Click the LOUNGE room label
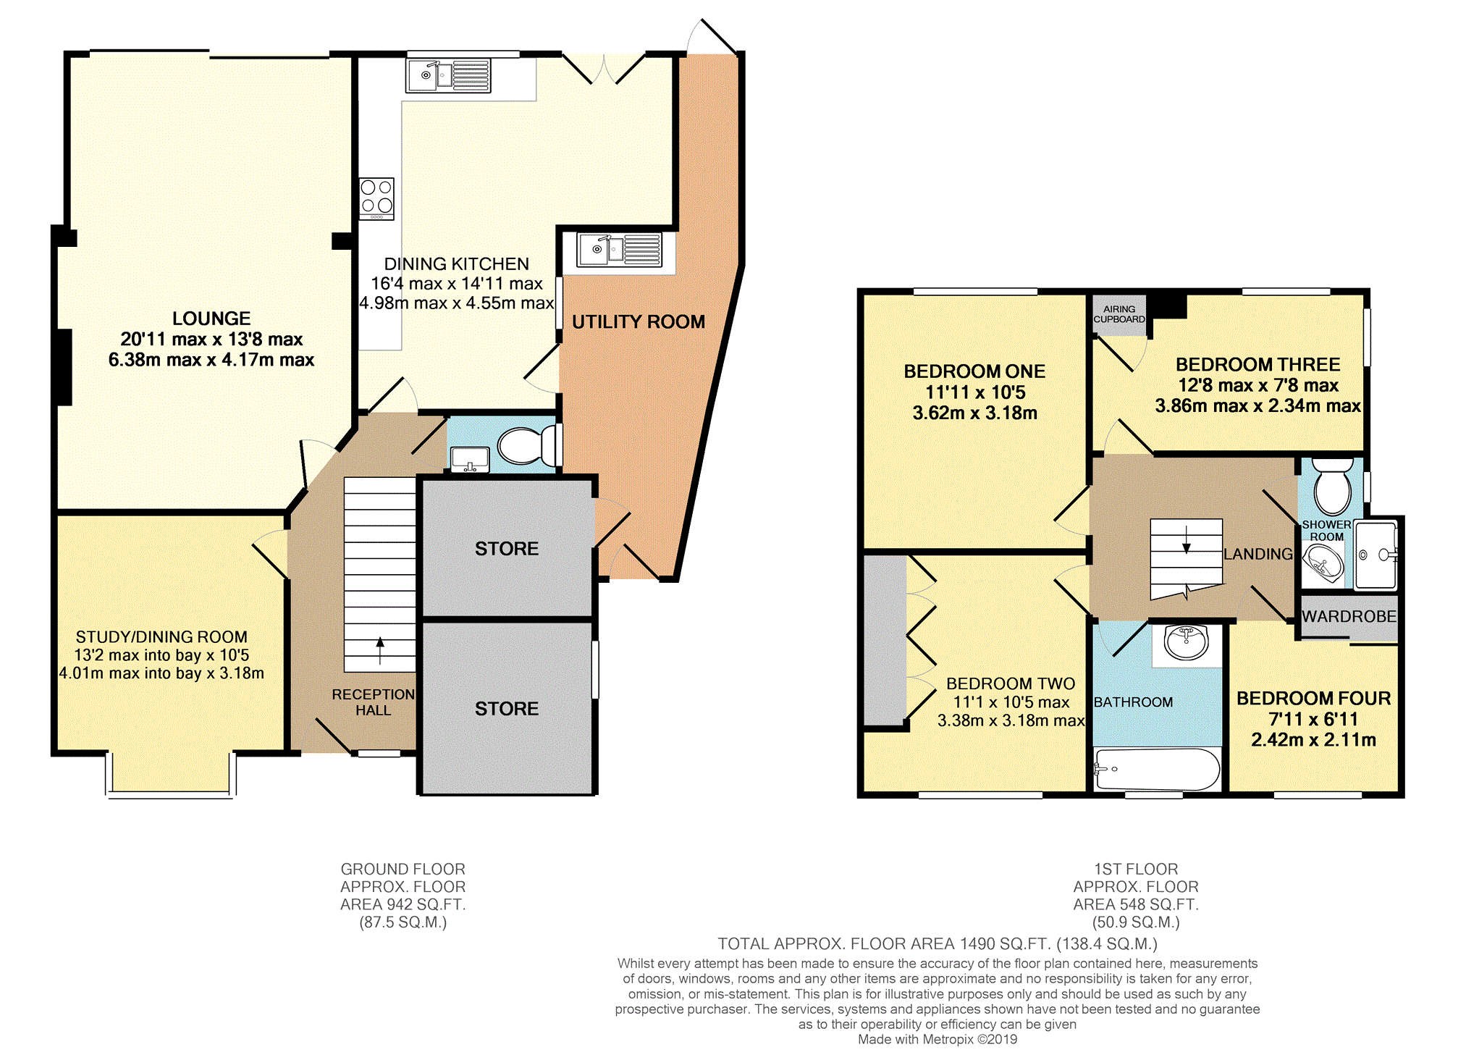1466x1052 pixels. click(x=211, y=319)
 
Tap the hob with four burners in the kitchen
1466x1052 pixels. click(x=377, y=198)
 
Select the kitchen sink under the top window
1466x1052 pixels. click(x=448, y=75)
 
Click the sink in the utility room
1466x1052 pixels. click(x=619, y=250)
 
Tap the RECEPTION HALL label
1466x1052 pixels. click(x=373, y=702)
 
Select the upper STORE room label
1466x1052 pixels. click(x=507, y=549)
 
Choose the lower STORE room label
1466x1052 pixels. click(x=507, y=709)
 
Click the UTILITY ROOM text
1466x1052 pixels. click(x=639, y=322)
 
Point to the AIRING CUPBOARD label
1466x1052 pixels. click(x=1119, y=314)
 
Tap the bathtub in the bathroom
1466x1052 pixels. click(x=1156, y=769)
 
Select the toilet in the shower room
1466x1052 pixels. click(x=1332, y=487)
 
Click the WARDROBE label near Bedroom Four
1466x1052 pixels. click(x=1349, y=617)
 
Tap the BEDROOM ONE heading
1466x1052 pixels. click(x=974, y=371)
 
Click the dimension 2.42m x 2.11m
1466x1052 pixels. click(x=1313, y=740)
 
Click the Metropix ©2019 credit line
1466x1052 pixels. click(x=938, y=1040)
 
